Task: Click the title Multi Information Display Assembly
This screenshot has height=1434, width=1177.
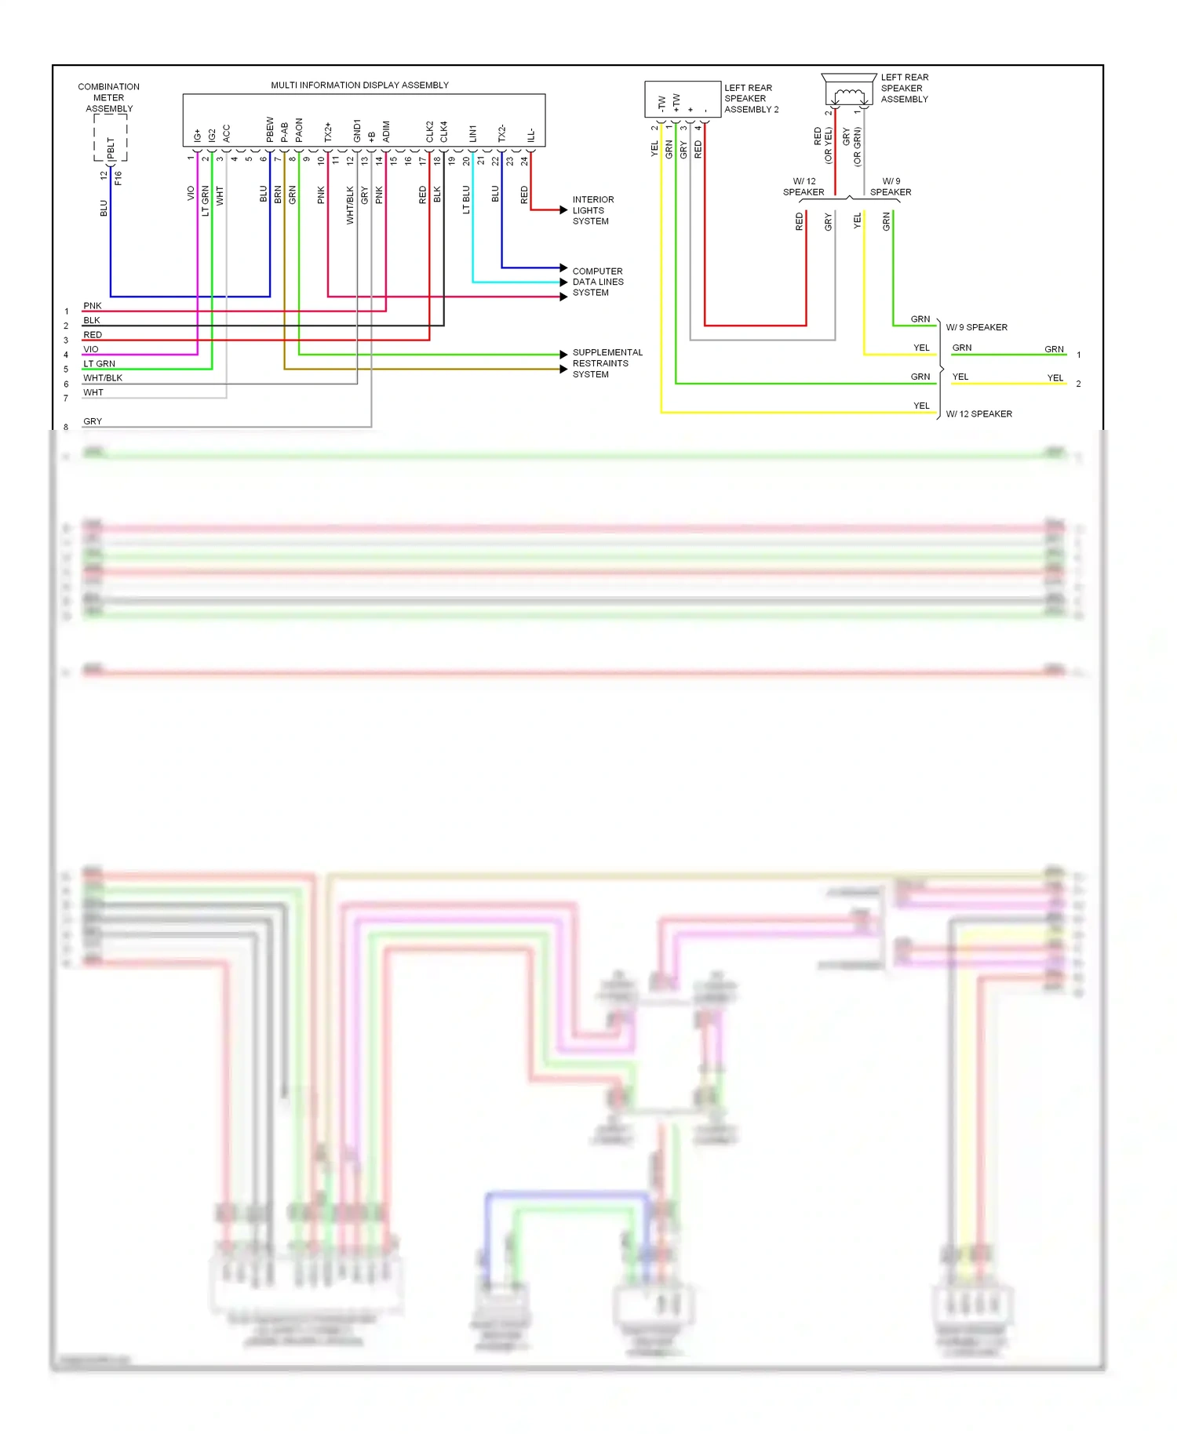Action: click(x=359, y=85)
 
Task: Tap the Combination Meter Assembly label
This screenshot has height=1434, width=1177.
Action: click(x=109, y=97)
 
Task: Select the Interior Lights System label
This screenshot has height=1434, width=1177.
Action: click(x=593, y=210)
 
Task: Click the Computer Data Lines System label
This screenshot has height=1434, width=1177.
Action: click(x=598, y=282)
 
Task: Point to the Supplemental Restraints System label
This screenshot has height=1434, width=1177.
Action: click(x=607, y=363)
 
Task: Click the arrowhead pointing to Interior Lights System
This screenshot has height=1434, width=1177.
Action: click(x=563, y=209)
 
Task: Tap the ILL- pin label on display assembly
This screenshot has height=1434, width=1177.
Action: click(x=531, y=135)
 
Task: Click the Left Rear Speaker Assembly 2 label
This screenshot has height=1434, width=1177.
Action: click(x=751, y=99)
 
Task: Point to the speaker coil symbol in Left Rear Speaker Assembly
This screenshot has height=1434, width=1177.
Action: click(x=849, y=96)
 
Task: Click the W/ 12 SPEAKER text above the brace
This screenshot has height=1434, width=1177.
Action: click(x=803, y=187)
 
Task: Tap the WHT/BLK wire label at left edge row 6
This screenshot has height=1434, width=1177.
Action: click(x=103, y=378)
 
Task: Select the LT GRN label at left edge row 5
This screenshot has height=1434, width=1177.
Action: click(x=100, y=364)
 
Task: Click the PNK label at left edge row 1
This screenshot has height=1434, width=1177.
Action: click(x=93, y=306)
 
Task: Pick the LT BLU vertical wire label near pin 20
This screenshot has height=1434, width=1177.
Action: click(x=466, y=199)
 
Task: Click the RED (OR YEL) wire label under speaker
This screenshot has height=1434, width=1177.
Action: click(x=822, y=145)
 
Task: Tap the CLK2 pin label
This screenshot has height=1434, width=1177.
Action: click(x=430, y=131)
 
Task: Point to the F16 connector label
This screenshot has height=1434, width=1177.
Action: click(x=118, y=178)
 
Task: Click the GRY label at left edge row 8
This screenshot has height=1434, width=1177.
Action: click(x=93, y=421)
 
